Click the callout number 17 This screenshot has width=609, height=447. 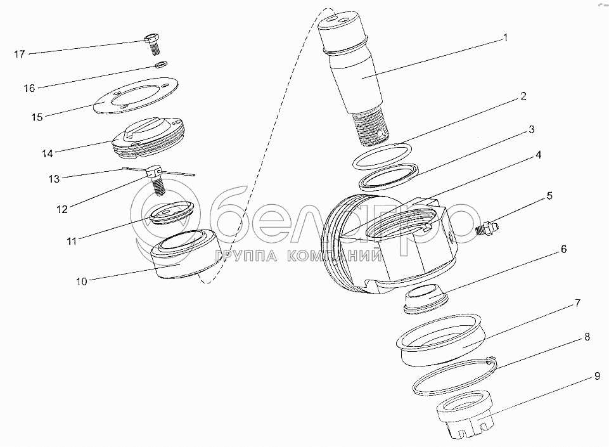point(20,54)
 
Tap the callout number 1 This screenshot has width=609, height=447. point(505,37)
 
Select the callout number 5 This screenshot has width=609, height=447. point(549,195)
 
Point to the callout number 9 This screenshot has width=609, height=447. point(598,376)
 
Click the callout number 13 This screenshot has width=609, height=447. point(54,178)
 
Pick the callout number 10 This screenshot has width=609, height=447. point(82,281)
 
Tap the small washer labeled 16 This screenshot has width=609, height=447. point(161,64)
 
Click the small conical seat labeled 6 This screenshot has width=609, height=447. point(426,299)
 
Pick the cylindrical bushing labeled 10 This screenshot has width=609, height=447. point(185,254)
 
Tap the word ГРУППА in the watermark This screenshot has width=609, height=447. point(245,256)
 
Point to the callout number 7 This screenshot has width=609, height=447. point(577,303)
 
